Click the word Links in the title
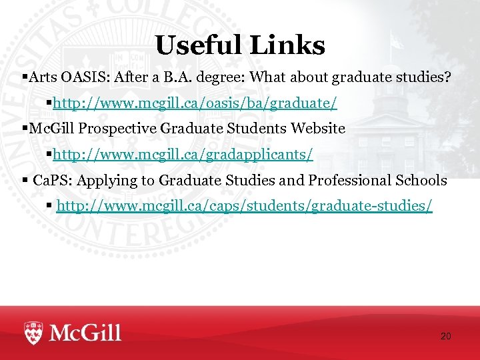pos(287,45)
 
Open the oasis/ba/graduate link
pos(195,103)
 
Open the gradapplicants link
pos(183,155)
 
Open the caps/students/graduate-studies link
pos(244,206)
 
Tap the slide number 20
pos(445,337)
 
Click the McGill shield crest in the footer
pos(34,332)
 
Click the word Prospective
pos(110,129)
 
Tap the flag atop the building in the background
pos(397,41)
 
